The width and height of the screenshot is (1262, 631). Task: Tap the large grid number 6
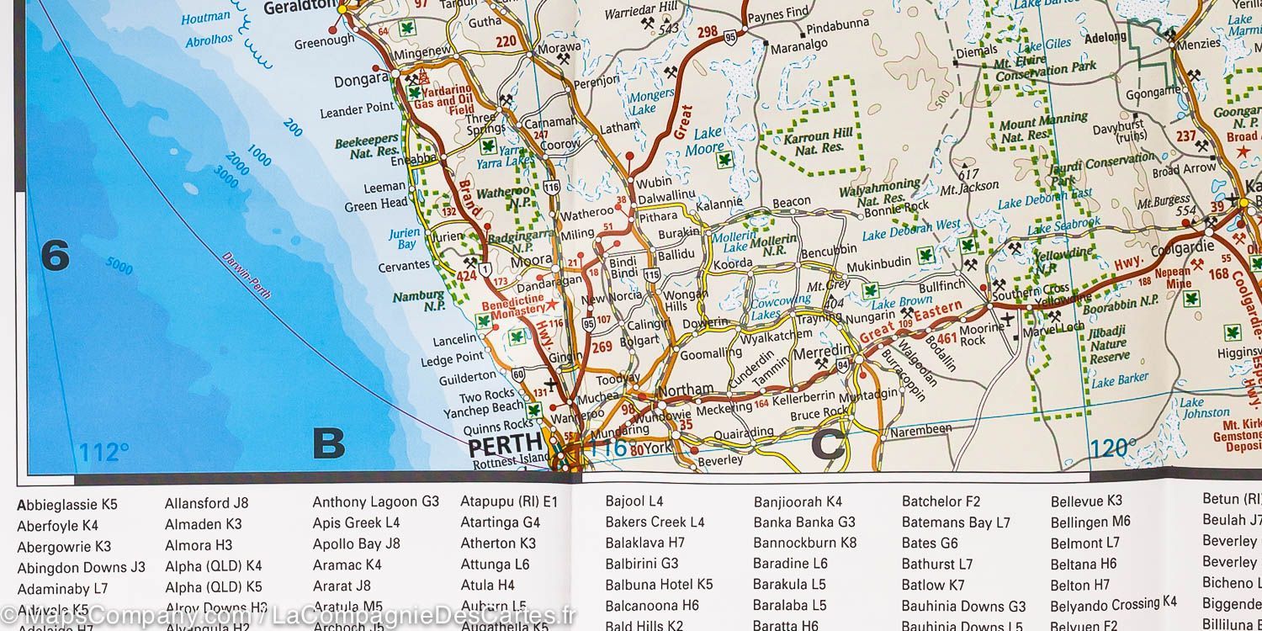[x=55, y=255]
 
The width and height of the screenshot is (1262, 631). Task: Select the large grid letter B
[x=328, y=443]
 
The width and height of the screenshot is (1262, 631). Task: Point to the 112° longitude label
[x=103, y=453]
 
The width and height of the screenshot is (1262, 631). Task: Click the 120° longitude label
[x=1113, y=448]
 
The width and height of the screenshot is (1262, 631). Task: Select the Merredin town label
[x=823, y=351]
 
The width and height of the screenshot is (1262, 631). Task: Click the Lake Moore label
[x=708, y=141]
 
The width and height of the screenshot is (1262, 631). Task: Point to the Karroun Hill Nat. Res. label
[x=819, y=141]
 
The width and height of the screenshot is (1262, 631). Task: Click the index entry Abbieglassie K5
[x=67, y=506]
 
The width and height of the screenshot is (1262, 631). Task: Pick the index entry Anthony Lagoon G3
[x=375, y=501]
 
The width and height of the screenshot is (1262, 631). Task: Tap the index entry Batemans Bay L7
[x=956, y=522]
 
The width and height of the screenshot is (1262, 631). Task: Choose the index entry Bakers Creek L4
[x=655, y=522]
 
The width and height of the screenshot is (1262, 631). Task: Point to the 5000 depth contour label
[x=119, y=267]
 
